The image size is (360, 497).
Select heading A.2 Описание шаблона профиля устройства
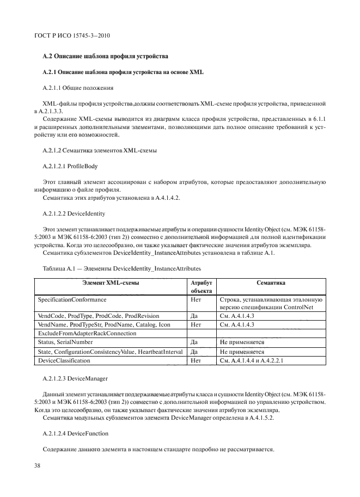(x=106, y=56)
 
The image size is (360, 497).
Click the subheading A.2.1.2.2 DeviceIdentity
(x=74, y=214)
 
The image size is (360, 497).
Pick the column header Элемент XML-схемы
(x=111, y=283)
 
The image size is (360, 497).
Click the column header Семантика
(x=271, y=283)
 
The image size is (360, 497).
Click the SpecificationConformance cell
(x=72, y=300)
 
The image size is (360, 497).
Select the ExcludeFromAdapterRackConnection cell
(x=87, y=333)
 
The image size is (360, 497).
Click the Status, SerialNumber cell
(x=65, y=342)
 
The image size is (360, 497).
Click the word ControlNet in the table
(x=303, y=307)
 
